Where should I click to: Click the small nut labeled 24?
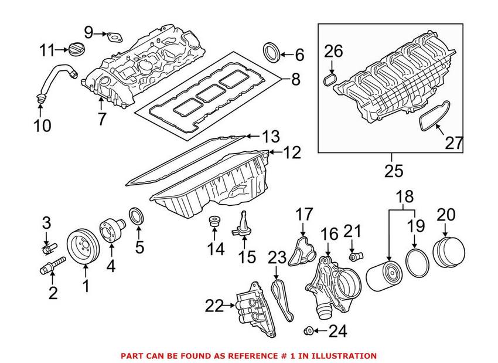[308, 332]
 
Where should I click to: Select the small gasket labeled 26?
[330, 80]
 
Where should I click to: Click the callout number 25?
[394, 171]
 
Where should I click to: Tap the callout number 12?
[292, 154]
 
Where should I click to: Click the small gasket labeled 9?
[112, 36]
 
